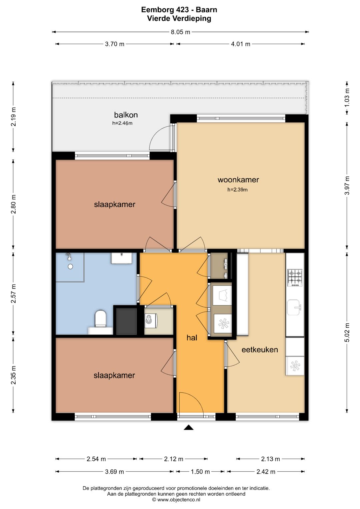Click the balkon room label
click(x=126, y=115)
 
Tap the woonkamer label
click(x=238, y=180)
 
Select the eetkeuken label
click(x=260, y=349)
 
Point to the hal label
click(x=192, y=338)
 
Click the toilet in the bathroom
click(x=100, y=319)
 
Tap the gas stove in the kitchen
click(x=295, y=278)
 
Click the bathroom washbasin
click(x=121, y=258)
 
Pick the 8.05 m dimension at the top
click(x=180, y=32)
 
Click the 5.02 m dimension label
click(x=347, y=332)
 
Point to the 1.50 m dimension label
click(x=200, y=472)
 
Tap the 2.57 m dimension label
click(x=13, y=293)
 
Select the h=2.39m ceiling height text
click(x=237, y=190)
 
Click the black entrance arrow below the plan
click(x=189, y=428)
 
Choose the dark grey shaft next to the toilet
click(x=126, y=321)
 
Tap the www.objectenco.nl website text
click(x=179, y=500)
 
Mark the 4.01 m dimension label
click(x=241, y=44)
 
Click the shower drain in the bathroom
click(x=70, y=267)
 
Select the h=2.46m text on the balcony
click(x=122, y=123)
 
